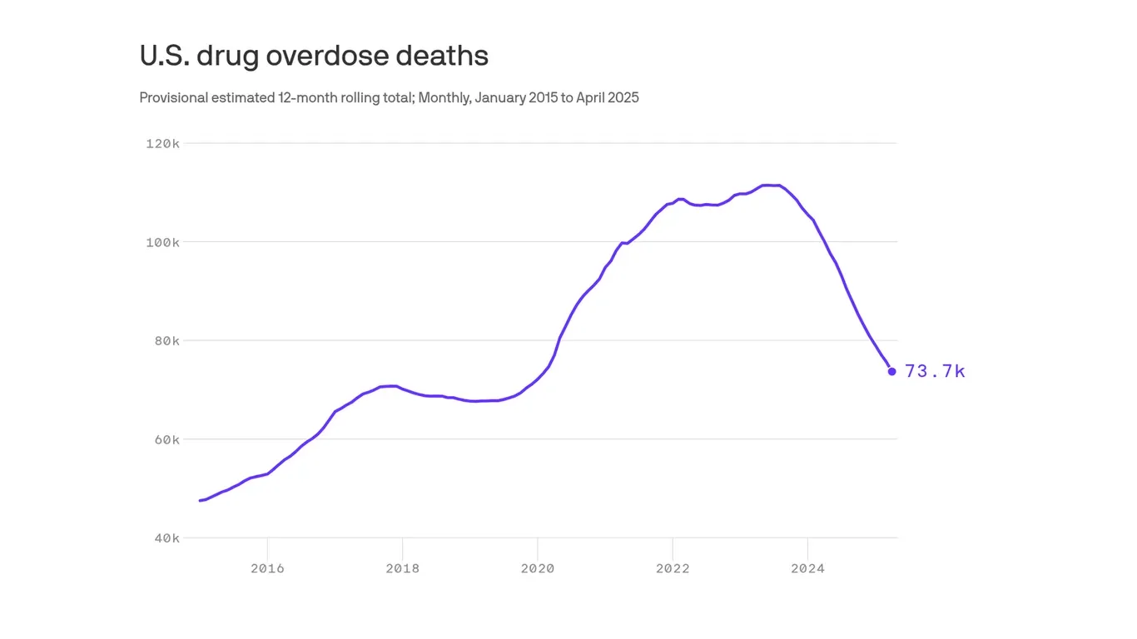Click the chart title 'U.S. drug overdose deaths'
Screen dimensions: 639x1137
(313, 56)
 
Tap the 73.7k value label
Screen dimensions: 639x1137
(935, 372)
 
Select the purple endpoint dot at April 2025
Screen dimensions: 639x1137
(891, 371)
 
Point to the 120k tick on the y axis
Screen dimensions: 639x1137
(162, 144)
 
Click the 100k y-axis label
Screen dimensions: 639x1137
(162, 242)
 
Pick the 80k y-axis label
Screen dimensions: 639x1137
(166, 341)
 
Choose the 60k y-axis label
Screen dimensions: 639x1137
(166, 439)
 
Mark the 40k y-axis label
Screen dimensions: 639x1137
(166, 538)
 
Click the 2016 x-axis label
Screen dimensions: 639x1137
(267, 569)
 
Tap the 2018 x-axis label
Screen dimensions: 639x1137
(402, 569)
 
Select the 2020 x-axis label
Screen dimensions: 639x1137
(538, 569)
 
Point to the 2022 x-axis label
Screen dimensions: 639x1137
(673, 569)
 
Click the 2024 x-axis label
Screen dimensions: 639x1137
(807, 569)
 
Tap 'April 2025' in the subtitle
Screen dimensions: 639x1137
(608, 98)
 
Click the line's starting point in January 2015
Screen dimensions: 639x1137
(200, 500)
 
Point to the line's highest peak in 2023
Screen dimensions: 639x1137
(770, 185)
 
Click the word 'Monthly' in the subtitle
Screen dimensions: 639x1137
(444, 98)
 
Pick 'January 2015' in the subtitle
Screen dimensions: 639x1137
(516, 98)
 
